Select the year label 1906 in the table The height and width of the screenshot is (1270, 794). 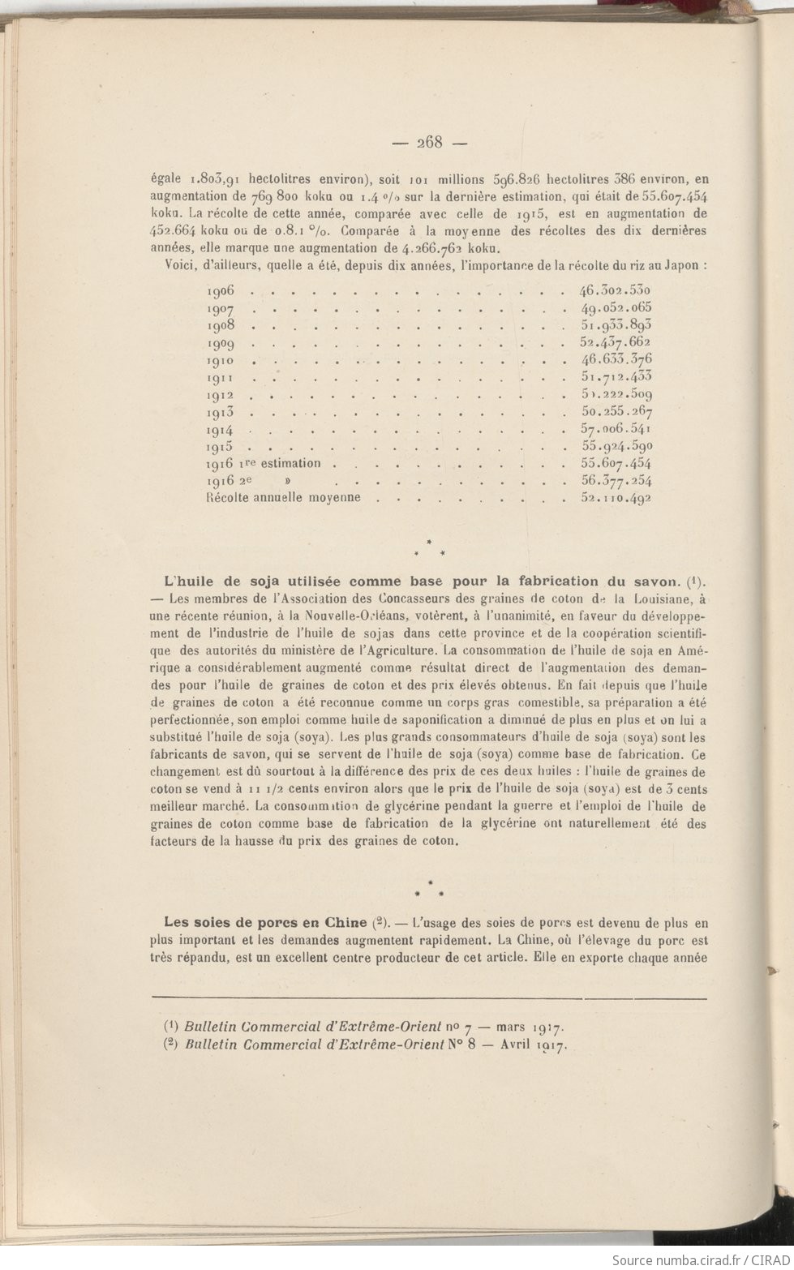coord(221,291)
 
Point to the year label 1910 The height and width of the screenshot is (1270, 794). coord(221,360)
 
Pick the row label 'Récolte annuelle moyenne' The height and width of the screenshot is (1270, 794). coord(284,497)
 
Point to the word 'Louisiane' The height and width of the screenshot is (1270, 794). coord(656,599)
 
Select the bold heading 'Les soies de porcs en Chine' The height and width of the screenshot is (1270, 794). coord(265,921)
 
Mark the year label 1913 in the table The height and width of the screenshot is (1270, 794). coord(221,412)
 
